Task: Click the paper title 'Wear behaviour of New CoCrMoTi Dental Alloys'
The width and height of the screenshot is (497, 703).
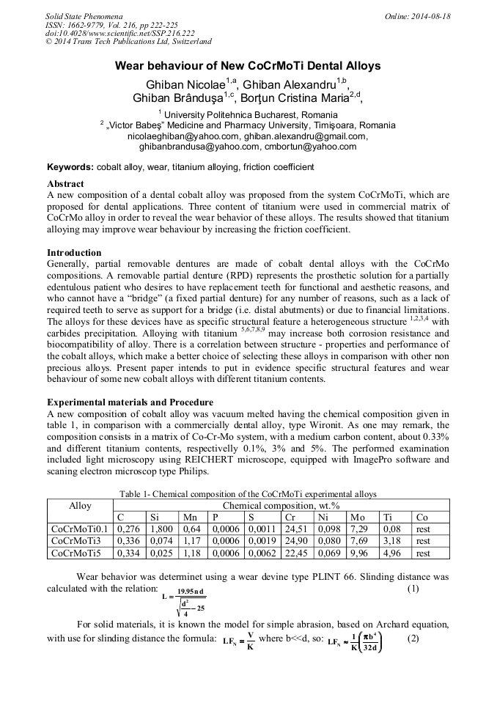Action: pos(248,66)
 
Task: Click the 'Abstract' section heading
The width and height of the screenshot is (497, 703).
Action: pos(65,184)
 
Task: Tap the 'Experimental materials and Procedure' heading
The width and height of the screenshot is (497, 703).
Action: pos(130,402)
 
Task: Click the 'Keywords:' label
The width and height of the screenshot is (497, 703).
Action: pos(70,167)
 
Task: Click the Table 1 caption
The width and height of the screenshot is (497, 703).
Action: pos(248,493)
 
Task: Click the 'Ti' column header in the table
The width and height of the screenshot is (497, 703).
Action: pos(386,517)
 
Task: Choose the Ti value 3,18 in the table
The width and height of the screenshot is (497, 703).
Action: pos(391,541)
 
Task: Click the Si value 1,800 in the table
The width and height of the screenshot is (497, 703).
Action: pos(161,529)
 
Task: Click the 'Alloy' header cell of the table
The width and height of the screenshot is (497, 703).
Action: pos(80,506)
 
